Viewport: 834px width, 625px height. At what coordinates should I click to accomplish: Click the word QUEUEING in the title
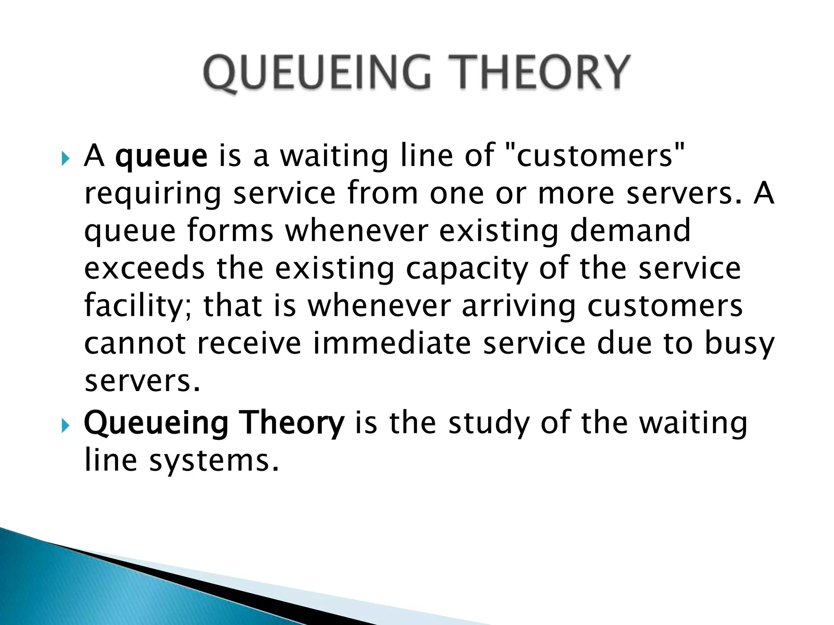(317, 73)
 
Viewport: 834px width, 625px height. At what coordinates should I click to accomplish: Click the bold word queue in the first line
(161, 157)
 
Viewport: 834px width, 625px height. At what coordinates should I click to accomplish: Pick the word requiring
(153, 194)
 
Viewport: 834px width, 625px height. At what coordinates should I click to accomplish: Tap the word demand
(630, 230)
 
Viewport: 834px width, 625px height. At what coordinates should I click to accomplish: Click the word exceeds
(144, 269)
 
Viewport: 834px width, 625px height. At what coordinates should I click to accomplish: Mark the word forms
(230, 230)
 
